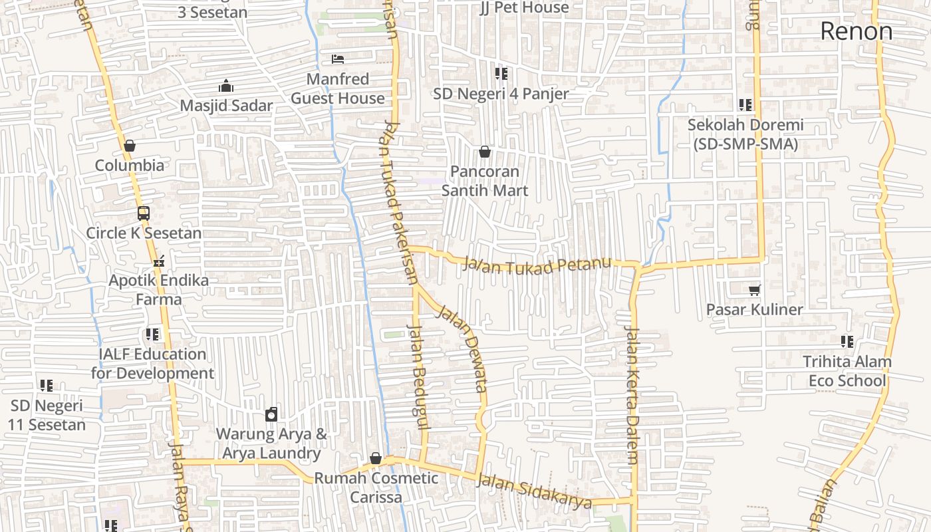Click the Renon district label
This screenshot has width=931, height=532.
[856, 31]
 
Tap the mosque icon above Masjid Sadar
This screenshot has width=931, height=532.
[226, 86]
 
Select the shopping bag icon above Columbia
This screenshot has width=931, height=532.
[130, 146]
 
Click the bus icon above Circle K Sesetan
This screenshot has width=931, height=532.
[143, 213]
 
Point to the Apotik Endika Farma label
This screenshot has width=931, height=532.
[158, 290]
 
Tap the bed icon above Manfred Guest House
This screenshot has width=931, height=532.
[338, 59]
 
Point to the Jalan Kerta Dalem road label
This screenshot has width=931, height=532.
[632, 396]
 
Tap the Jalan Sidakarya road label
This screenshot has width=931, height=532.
[535, 491]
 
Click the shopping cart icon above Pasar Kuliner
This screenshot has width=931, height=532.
[754, 290]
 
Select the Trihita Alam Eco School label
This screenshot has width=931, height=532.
[847, 371]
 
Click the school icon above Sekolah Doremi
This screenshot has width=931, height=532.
[745, 105]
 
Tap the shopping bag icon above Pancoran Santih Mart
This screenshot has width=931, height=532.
[485, 152]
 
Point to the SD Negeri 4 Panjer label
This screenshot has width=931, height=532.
[501, 94]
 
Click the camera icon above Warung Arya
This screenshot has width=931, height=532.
[271, 415]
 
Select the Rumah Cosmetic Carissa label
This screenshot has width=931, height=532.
[376, 487]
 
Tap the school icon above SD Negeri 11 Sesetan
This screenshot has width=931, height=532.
[46, 386]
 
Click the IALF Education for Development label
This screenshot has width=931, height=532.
[153, 363]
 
